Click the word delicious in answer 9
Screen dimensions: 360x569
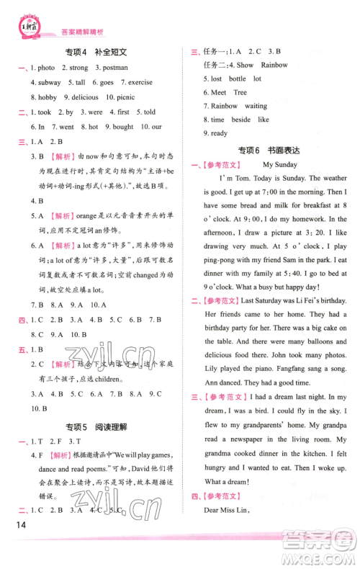pyautogui.click(x=85, y=97)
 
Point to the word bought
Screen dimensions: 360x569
pyautogui.click(x=123, y=127)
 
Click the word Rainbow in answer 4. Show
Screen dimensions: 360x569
pyautogui.click(x=274, y=65)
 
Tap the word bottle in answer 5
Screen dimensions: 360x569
pyautogui.click(x=238, y=79)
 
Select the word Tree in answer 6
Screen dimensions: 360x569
pyautogui.click(x=240, y=92)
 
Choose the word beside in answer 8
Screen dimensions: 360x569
pyautogui.click(x=240, y=120)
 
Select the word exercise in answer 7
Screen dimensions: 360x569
pyautogui.click(x=140, y=83)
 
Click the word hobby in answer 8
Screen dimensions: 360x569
pyautogui.click(x=48, y=97)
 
